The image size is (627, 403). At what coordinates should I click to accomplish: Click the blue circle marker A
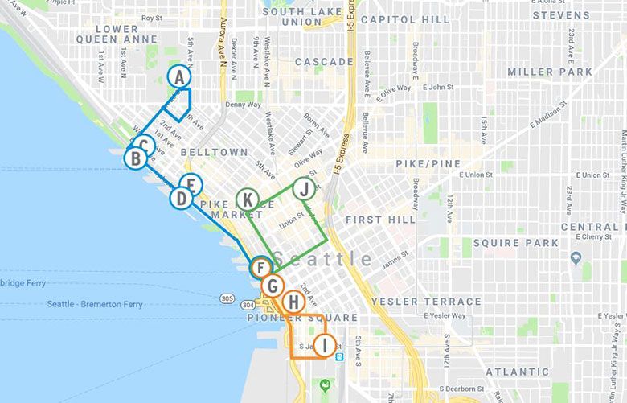tap(179, 77)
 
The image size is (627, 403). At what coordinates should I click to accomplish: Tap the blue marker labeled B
tap(135, 158)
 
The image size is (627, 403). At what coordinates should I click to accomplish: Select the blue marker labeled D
tap(182, 197)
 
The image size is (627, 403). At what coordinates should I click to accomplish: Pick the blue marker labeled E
tap(190, 185)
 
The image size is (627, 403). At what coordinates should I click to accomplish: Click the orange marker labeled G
tap(273, 286)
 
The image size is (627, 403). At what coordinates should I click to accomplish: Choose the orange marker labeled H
tap(294, 303)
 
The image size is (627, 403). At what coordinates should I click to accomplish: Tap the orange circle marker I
tap(324, 346)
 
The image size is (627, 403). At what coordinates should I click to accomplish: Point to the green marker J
tap(303, 190)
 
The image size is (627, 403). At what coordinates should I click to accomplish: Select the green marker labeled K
tap(248, 199)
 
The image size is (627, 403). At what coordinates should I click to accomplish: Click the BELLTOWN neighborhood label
tap(214, 152)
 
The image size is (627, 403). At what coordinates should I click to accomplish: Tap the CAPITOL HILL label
tap(404, 19)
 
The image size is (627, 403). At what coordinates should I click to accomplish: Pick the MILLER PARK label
tap(550, 72)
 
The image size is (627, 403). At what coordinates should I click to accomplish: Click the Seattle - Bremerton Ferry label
tap(95, 305)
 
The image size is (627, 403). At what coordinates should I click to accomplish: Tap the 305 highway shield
tap(227, 299)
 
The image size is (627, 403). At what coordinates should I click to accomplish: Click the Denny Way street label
tap(243, 105)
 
